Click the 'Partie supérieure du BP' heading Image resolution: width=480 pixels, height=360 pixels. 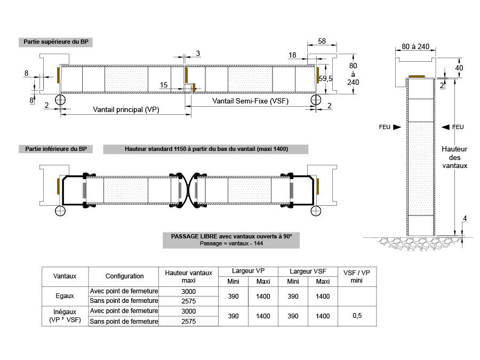pos(55,42)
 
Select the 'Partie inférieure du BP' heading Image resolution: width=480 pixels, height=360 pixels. pos(55,149)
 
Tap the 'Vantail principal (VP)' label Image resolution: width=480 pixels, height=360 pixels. pos(126,109)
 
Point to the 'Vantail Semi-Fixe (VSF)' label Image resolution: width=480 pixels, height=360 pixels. pos(251,101)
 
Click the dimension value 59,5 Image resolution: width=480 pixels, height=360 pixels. pos(325,79)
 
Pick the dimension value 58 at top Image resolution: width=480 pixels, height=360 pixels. pos(322,41)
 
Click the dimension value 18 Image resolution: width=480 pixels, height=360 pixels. pos(292,55)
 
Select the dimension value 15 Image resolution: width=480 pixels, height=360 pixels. pos(164,85)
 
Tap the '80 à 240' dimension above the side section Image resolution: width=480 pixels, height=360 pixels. pos(415,46)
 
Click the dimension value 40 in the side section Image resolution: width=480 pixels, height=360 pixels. pos(459,68)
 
